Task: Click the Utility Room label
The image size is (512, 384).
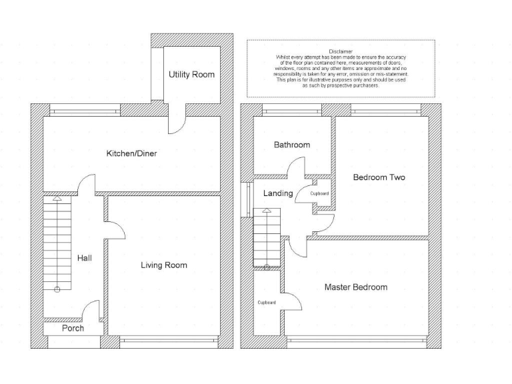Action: [191, 75]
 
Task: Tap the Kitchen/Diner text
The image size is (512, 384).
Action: [132, 153]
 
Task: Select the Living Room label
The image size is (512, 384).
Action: [164, 265]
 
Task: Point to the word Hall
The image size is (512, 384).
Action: [84, 258]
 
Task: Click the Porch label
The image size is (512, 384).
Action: [73, 328]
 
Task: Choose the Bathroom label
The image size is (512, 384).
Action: [292, 145]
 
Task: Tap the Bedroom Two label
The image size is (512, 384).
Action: [379, 177]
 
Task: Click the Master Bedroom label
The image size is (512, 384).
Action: [355, 287]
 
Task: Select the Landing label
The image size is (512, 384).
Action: [278, 193]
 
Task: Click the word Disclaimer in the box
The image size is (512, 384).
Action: [341, 51]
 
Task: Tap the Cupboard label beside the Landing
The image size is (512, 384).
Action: [319, 193]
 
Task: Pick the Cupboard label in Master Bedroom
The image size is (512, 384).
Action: [267, 302]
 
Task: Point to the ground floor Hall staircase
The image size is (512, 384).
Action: [57, 243]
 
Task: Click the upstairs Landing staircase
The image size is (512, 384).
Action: [265, 237]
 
